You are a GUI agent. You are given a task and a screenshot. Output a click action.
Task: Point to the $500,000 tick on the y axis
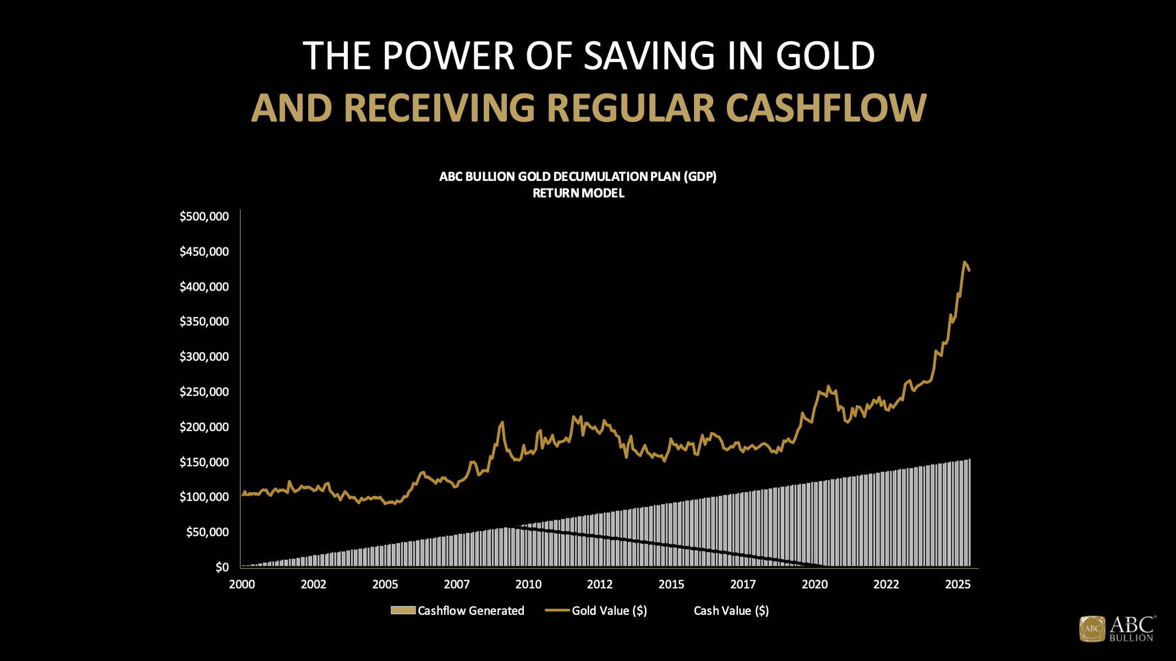(x=204, y=217)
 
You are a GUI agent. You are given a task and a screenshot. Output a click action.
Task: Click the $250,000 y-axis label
(x=204, y=392)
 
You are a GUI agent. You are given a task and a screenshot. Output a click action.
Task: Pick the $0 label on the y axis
(x=222, y=567)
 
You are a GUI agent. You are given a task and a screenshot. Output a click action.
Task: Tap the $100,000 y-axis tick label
(x=204, y=497)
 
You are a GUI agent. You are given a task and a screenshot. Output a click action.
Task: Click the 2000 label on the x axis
(x=242, y=584)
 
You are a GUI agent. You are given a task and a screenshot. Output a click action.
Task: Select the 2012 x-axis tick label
(x=600, y=584)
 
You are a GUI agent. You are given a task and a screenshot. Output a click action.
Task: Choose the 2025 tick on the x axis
(x=958, y=584)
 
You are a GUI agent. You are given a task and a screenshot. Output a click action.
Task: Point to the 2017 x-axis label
(x=743, y=584)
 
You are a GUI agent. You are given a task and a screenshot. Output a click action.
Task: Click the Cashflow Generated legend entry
(x=458, y=610)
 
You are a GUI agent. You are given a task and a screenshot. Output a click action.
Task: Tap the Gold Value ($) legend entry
(x=596, y=610)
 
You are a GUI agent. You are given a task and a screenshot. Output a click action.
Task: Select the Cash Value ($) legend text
(x=731, y=610)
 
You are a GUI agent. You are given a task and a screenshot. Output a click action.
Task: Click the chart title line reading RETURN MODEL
(x=578, y=193)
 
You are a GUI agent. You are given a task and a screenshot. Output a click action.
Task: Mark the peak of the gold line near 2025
(x=964, y=262)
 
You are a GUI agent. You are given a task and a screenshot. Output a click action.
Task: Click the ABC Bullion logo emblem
(x=1092, y=629)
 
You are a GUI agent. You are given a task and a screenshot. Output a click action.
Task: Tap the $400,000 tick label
(x=204, y=287)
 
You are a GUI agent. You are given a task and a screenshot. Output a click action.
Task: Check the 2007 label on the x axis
(x=457, y=584)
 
